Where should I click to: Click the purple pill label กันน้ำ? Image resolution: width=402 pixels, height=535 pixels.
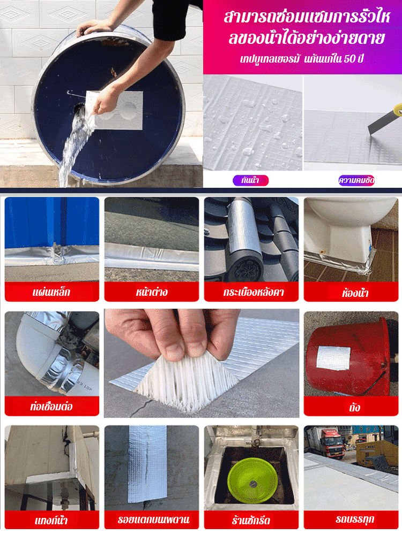[250, 180]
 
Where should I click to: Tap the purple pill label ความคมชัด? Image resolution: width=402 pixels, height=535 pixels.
[356, 180]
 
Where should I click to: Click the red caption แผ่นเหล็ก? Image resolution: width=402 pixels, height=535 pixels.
[51, 292]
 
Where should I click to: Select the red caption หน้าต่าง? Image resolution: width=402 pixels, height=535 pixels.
[152, 292]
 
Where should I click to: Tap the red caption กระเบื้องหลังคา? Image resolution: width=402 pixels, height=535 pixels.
[254, 292]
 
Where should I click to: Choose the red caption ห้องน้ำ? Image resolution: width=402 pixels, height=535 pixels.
[355, 293]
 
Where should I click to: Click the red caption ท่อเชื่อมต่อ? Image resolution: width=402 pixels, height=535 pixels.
[51, 406]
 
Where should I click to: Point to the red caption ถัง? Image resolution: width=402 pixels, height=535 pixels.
[354, 407]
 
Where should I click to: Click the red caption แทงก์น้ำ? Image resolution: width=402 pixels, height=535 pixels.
[51, 521]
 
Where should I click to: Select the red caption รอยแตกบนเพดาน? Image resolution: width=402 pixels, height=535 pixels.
[153, 519]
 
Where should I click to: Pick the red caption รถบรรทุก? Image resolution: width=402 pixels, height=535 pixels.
[355, 519]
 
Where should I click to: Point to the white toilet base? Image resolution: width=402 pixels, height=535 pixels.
[337, 239]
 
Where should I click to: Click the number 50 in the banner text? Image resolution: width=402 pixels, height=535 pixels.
[349, 59]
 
